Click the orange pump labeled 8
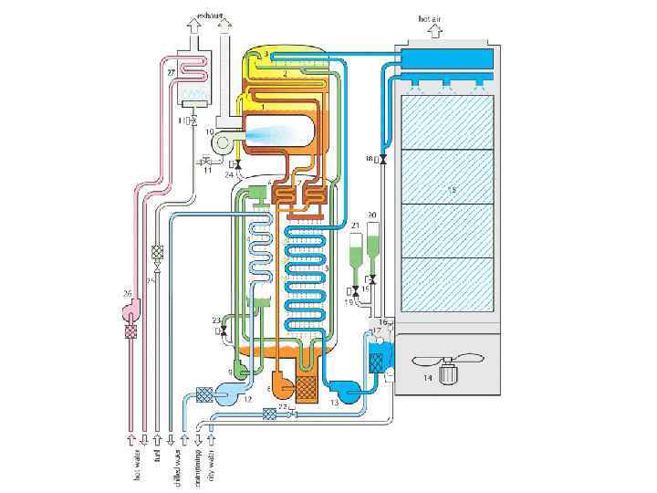[x=283, y=386]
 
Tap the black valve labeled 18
[x=382, y=162]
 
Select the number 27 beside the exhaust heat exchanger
[x=171, y=72]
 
